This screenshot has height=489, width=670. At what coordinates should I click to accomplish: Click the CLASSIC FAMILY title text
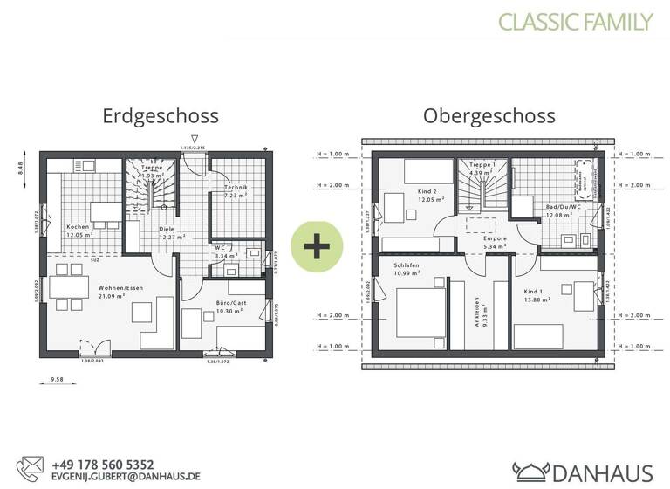tap(575, 22)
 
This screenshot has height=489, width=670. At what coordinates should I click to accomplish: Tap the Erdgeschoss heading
tap(161, 115)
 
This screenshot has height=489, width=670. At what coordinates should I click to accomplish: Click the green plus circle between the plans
tap(316, 245)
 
